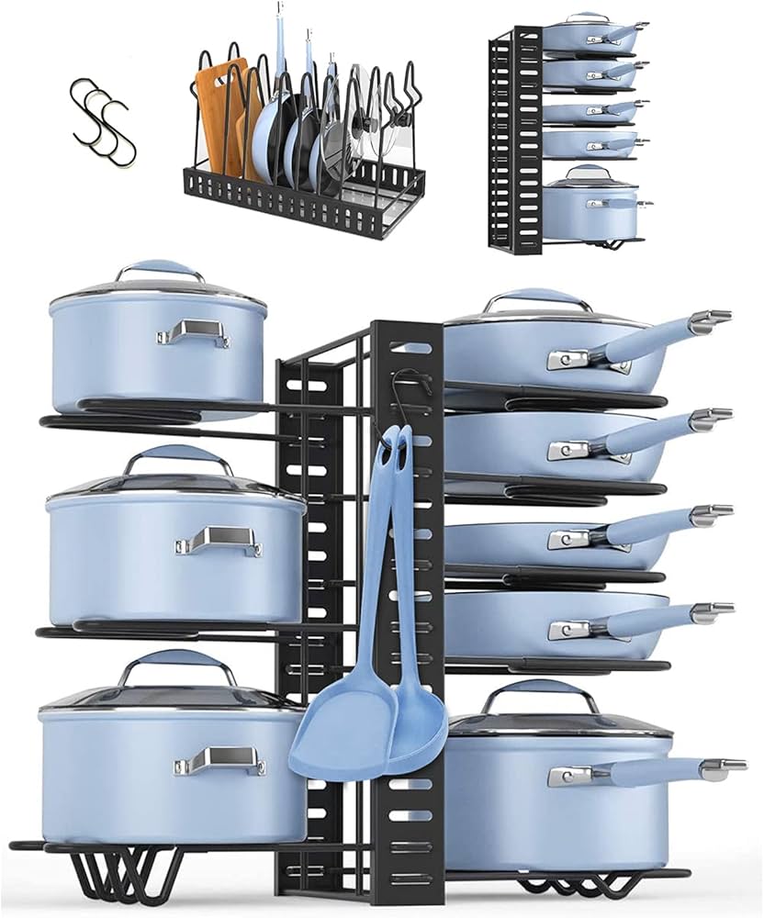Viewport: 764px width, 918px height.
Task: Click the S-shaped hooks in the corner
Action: point(97,111)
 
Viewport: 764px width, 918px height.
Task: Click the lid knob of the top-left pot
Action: point(160,269)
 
